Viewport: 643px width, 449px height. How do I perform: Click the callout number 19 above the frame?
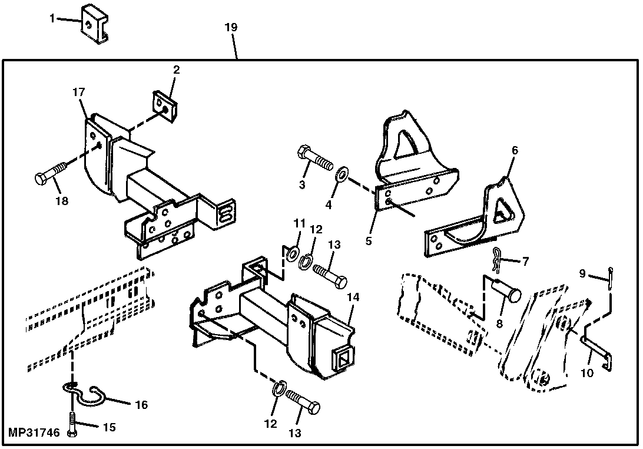[x=231, y=28]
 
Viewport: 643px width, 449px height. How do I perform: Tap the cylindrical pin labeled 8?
[x=507, y=290]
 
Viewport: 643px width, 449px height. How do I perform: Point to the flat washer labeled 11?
[x=291, y=254]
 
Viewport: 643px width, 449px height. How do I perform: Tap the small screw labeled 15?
[x=71, y=424]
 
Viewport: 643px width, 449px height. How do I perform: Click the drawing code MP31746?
[x=34, y=433]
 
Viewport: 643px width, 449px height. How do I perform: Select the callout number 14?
[x=353, y=298]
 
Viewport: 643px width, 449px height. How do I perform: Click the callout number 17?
[x=79, y=92]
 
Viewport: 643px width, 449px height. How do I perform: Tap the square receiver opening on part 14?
[x=342, y=358]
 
